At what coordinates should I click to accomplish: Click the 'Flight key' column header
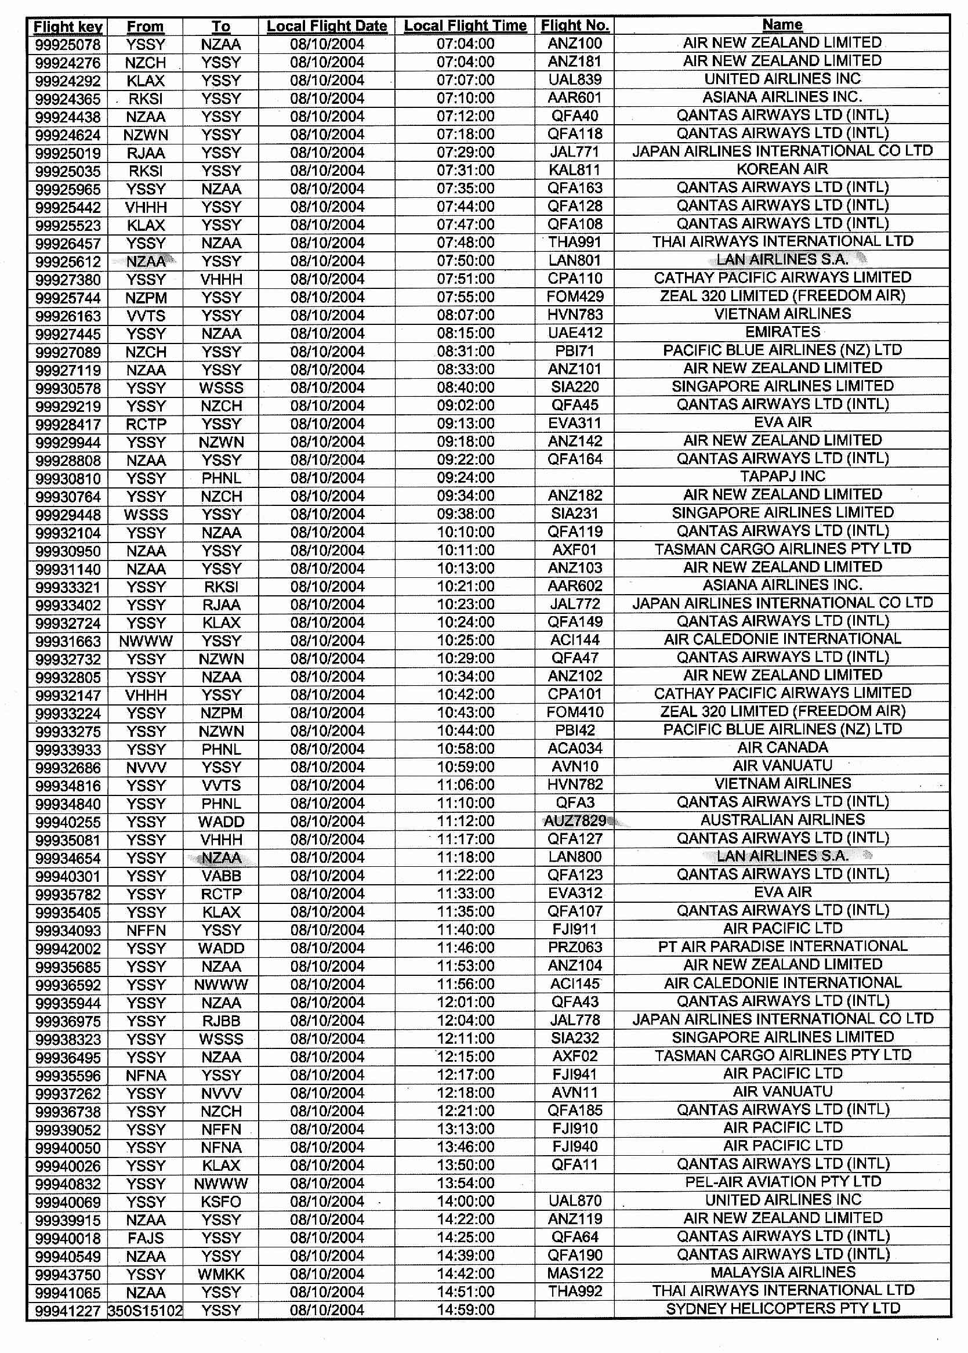point(68,27)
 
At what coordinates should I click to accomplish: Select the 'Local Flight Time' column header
point(465,26)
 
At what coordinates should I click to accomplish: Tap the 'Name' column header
point(782,24)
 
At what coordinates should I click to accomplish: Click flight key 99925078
point(68,45)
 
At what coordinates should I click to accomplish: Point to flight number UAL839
point(575,79)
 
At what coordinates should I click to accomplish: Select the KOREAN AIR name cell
point(782,169)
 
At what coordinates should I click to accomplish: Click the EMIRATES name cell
point(782,332)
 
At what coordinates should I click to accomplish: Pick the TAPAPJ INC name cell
point(782,476)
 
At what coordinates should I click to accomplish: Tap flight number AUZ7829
point(575,820)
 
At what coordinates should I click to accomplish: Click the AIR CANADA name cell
point(782,748)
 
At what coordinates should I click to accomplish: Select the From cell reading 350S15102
point(145,1310)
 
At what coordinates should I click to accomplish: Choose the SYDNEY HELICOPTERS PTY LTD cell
point(782,1309)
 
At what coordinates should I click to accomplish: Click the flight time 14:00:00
point(465,1201)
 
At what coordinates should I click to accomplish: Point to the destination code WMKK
point(221,1274)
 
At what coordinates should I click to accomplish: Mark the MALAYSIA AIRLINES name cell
point(782,1272)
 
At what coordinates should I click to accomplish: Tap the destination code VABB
point(221,876)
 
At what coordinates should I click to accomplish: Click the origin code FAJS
point(145,1238)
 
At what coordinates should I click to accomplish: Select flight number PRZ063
point(575,947)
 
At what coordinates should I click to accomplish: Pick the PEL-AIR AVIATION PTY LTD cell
point(782,1182)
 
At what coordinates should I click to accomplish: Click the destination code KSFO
point(221,1202)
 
